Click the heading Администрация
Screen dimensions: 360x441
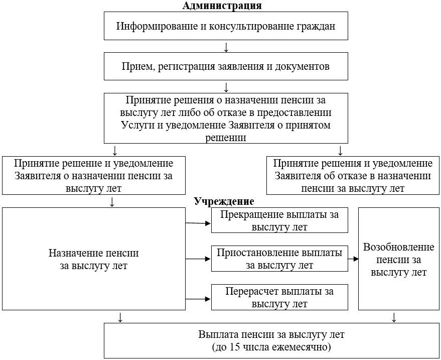pos(222,6)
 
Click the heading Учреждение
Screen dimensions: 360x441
pos(224,201)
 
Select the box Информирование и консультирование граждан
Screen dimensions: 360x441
pos(226,26)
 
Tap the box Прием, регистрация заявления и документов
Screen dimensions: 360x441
pos(226,66)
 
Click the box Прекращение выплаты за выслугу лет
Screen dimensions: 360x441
pos(279,220)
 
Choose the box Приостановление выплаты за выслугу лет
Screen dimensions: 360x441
pos(279,259)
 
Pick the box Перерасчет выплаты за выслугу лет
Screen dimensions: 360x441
pos(279,297)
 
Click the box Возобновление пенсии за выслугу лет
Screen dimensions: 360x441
pos(399,259)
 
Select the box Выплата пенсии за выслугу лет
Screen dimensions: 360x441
pos(271,340)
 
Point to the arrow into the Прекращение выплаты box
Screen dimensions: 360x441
pos(198,222)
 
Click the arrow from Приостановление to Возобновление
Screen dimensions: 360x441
pos(353,259)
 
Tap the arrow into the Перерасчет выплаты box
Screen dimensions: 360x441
pos(198,298)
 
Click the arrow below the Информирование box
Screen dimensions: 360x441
pos(226,47)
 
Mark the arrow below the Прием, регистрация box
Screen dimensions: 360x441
pos(226,86)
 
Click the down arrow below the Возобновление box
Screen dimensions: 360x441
pos(394,317)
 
